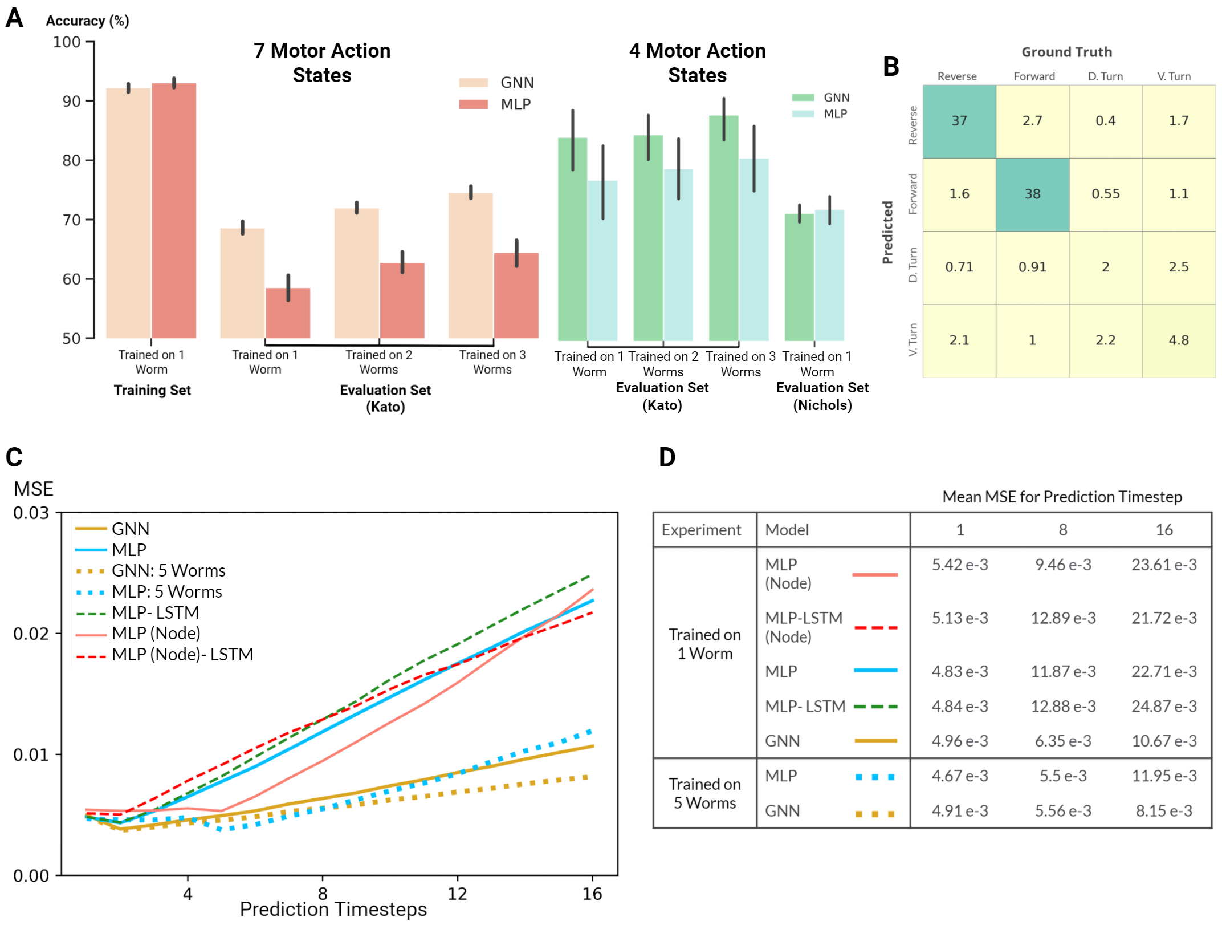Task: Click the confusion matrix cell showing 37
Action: [x=959, y=121]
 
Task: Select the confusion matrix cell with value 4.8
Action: [x=1178, y=340]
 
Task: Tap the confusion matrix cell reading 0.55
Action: [x=1105, y=194]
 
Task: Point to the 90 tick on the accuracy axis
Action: [x=72, y=102]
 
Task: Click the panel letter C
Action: [x=14, y=457]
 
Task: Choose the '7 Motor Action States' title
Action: [x=322, y=63]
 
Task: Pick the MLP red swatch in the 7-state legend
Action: [x=473, y=104]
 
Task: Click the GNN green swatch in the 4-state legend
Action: [x=803, y=98]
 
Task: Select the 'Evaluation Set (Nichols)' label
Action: [x=822, y=396]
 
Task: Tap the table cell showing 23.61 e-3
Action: [x=1164, y=565]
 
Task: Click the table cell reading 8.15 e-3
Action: [x=1164, y=810]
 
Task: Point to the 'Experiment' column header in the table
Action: [x=701, y=530]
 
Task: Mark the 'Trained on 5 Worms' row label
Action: [x=704, y=793]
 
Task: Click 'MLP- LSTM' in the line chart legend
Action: [x=155, y=612]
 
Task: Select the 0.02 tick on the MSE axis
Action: [x=31, y=634]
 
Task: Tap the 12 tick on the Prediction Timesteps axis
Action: [x=457, y=893]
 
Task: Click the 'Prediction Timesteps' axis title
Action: [x=333, y=909]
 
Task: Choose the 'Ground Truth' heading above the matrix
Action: [x=1066, y=52]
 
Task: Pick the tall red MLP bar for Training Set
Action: [x=174, y=211]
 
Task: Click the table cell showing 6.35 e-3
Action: [x=1063, y=741]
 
